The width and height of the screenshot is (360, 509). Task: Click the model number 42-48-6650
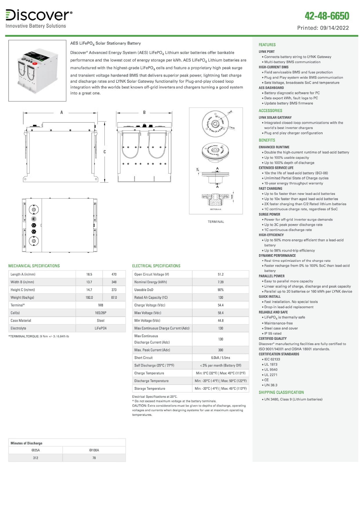[327, 16]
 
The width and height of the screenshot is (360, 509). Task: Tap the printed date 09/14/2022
[334, 28]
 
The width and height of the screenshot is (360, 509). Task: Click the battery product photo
[37, 71]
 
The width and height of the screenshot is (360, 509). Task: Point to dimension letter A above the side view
[61, 113]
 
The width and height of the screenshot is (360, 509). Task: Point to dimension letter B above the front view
[144, 113]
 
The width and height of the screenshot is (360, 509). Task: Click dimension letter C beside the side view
[105, 152]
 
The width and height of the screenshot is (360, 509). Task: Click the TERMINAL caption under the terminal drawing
[216, 222]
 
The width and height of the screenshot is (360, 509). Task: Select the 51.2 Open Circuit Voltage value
[220, 274]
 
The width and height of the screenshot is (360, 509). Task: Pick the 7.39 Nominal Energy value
[220, 282]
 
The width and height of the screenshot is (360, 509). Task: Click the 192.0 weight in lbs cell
[89, 297]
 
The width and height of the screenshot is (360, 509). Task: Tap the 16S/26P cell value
[101, 313]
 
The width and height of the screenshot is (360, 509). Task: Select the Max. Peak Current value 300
[220, 350]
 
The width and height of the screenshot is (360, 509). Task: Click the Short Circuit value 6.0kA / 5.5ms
[220, 358]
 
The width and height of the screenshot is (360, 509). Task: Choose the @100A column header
[94, 450]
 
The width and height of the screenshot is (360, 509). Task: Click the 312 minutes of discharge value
[35, 458]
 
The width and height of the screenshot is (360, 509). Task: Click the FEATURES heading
[267, 45]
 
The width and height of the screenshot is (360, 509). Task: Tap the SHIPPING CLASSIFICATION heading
[281, 392]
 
